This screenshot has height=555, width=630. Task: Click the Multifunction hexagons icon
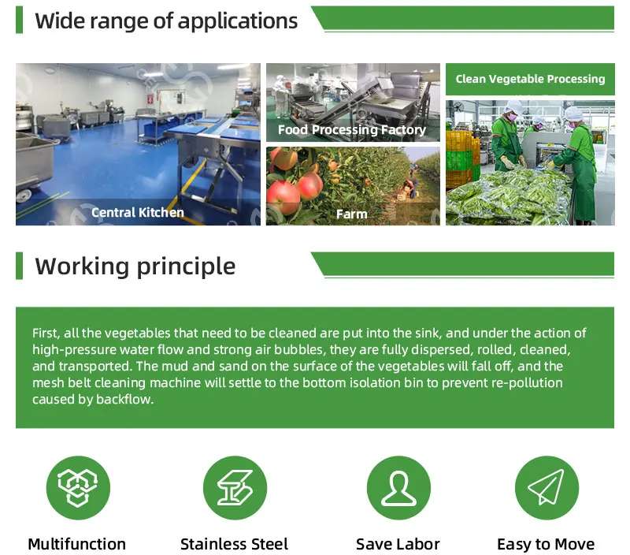[x=77, y=488]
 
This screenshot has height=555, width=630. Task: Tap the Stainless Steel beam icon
[x=234, y=488]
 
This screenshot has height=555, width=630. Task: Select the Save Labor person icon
[x=398, y=488]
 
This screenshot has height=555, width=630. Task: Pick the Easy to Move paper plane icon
[x=546, y=488]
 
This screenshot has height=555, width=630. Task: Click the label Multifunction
[x=76, y=544]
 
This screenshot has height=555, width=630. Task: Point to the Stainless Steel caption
[x=234, y=544]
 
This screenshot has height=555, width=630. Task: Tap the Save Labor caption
[x=398, y=544]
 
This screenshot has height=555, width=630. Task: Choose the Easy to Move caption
[x=546, y=544]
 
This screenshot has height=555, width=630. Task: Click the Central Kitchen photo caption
[x=138, y=212]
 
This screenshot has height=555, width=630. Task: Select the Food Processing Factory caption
[x=352, y=130]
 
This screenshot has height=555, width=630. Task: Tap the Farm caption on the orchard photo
[x=352, y=214]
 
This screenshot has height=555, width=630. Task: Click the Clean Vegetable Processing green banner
[x=530, y=79]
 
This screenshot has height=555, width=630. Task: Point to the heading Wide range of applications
[x=166, y=20]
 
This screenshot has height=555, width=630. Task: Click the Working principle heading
[x=135, y=266]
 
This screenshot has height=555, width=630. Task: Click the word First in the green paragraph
[x=46, y=333]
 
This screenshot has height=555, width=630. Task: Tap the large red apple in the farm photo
[x=283, y=192]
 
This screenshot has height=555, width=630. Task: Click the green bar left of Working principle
[x=20, y=266]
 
